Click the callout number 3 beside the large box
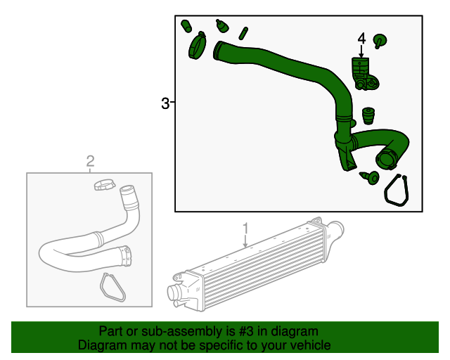(x=165, y=104)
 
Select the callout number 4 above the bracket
(x=361, y=37)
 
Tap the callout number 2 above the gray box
(x=90, y=162)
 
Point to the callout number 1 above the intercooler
(x=245, y=228)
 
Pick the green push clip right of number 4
(x=380, y=41)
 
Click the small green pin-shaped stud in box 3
(x=243, y=32)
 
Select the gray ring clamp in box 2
(x=103, y=186)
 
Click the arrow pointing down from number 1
(x=245, y=241)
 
